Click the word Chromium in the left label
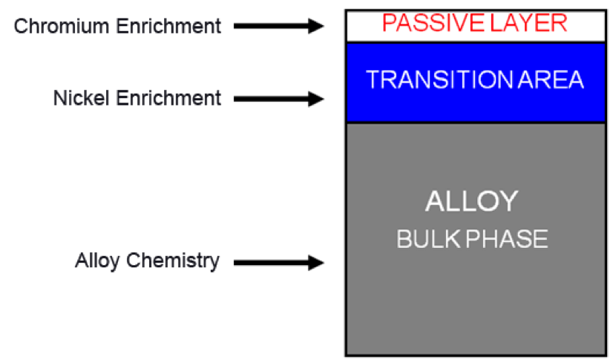(62, 26)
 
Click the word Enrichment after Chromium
(168, 26)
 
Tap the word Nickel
(81, 98)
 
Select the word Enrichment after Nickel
(168, 98)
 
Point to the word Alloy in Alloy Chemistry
(97, 261)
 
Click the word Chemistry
(173, 261)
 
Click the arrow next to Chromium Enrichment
(278, 26)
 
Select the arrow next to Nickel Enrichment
(278, 99)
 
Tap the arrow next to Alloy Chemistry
(278, 263)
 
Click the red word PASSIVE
(433, 23)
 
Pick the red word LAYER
(528, 23)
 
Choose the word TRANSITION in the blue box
(439, 79)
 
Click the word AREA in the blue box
(551, 79)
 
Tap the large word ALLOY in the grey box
(472, 201)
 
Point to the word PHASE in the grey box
(508, 238)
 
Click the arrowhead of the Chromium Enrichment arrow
(316, 26)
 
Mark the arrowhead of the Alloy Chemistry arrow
(316, 263)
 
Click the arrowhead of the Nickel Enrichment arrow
(316, 99)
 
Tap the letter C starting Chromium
(21, 26)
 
